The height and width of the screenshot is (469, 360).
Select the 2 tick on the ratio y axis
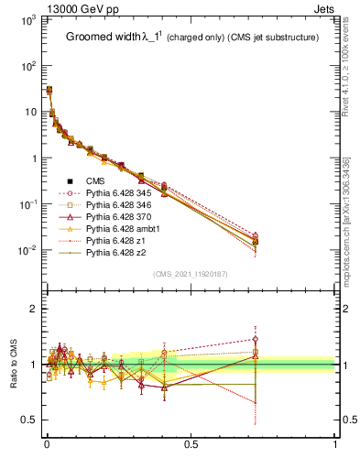pos(36,309)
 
